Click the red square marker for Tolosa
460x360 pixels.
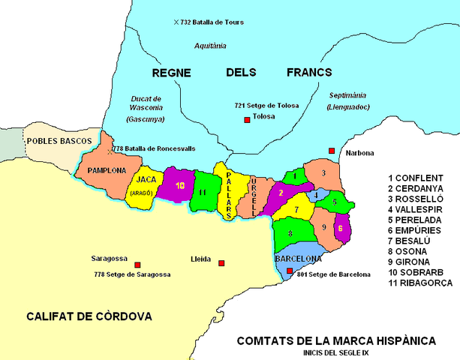[x=245, y=118]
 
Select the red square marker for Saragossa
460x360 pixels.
[x=137, y=265]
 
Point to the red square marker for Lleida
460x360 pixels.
[x=221, y=262]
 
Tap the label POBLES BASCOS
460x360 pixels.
[x=59, y=141]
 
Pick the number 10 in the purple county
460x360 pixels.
[x=179, y=185]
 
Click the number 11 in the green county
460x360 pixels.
[x=204, y=193]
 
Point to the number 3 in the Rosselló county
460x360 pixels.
[x=322, y=173]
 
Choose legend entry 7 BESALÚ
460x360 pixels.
[x=415, y=241]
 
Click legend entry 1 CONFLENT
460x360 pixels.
[x=418, y=178]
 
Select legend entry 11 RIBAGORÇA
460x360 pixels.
[x=421, y=283]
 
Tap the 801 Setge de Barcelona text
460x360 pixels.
[x=334, y=274]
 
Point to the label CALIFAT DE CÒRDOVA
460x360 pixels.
[x=80, y=315]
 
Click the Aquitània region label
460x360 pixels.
[x=210, y=46]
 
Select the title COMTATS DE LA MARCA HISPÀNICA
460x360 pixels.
[x=335, y=340]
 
